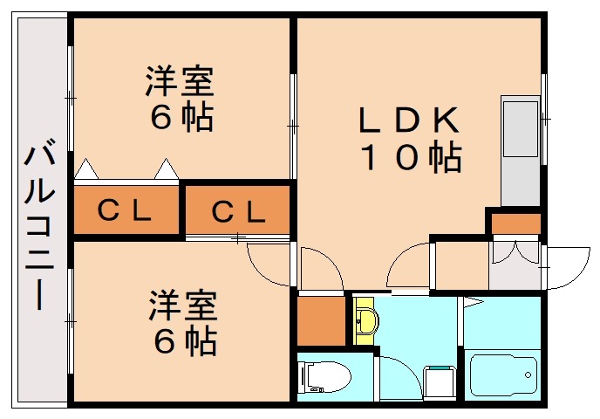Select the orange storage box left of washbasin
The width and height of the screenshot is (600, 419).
(x=320, y=319)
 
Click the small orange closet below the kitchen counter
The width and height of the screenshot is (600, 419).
(x=515, y=223)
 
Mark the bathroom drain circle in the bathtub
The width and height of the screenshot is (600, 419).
(x=528, y=376)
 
